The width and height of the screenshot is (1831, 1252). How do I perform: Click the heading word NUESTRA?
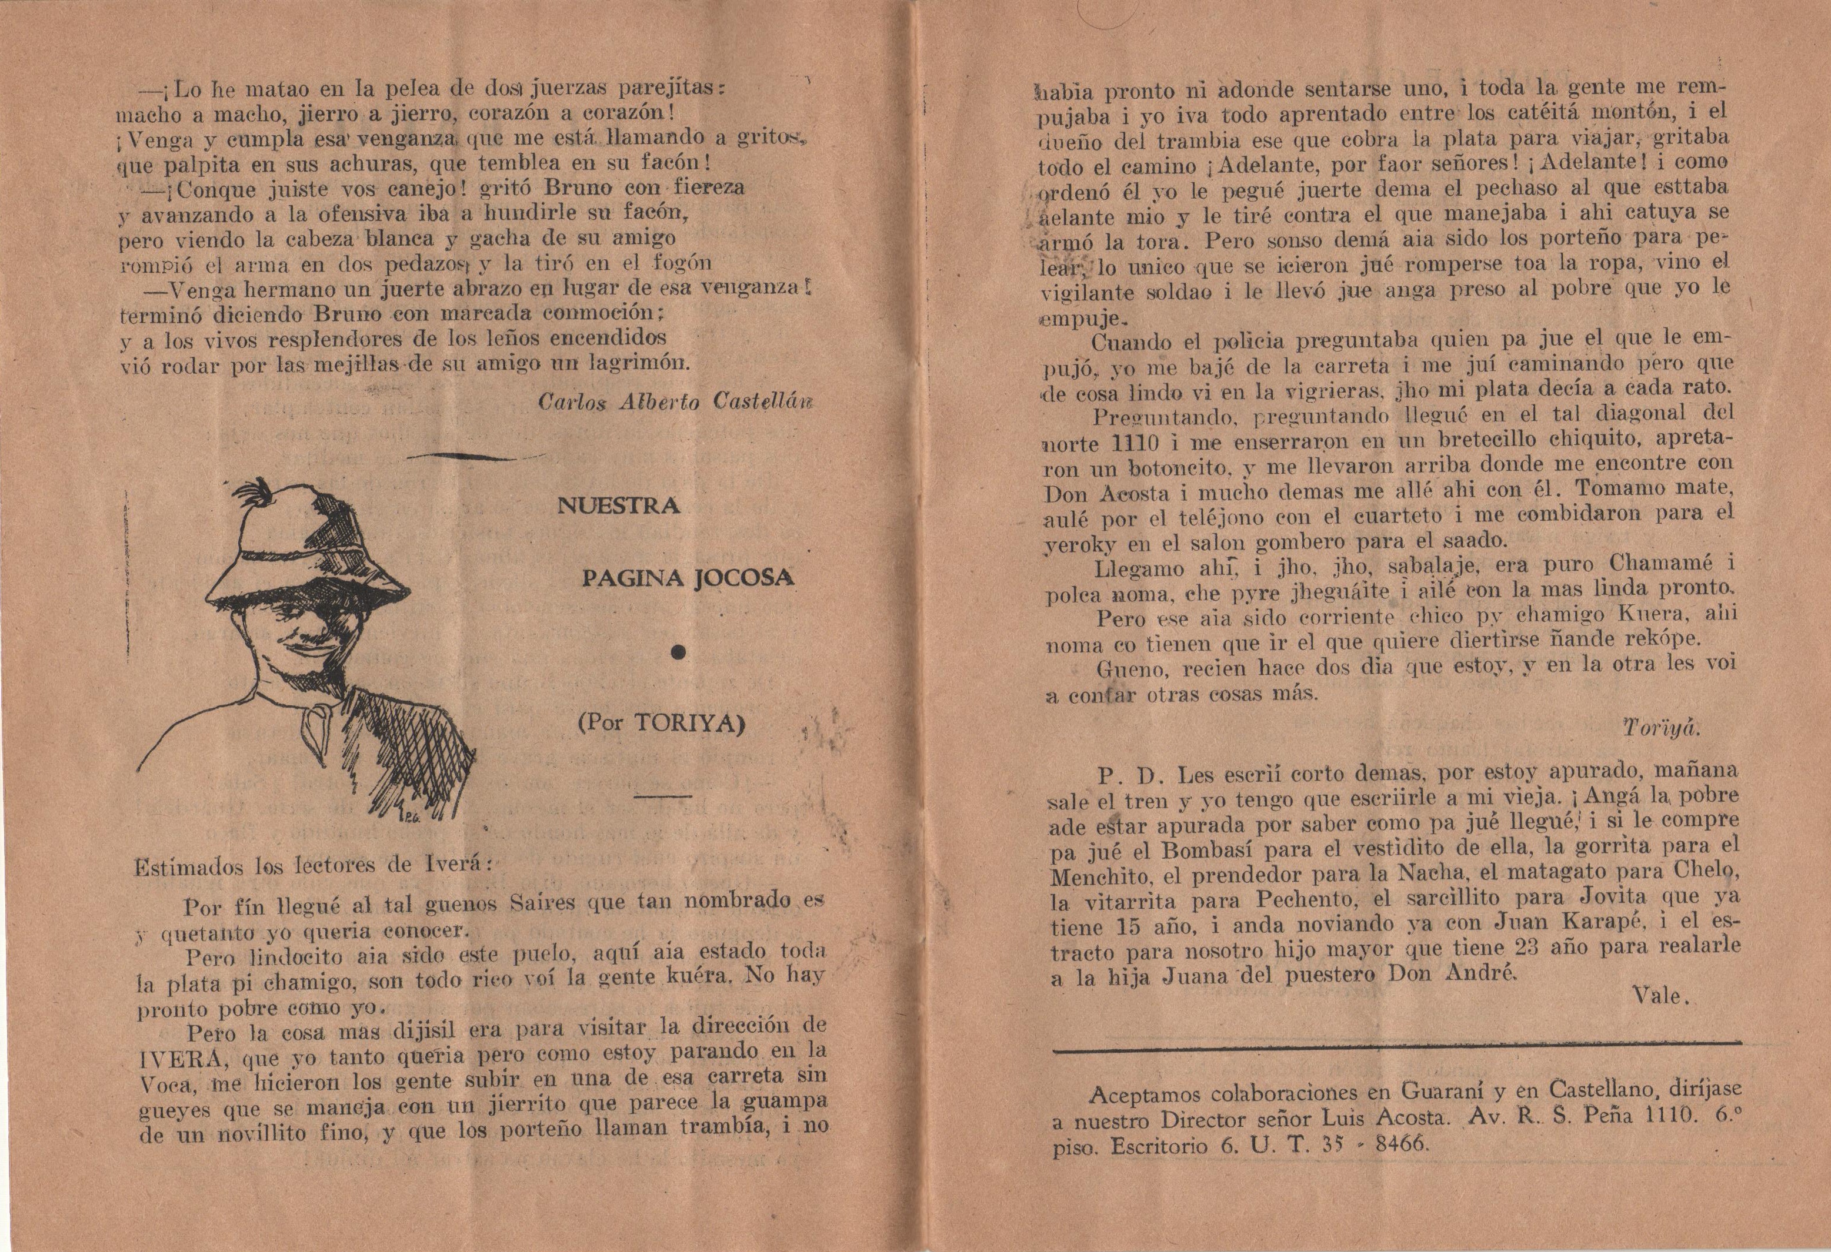pyautogui.click(x=619, y=506)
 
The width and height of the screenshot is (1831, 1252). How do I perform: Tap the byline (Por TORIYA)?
pyautogui.click(x=661, y=724)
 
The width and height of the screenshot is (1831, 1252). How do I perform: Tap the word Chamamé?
pyautogui.click(x=1662, y=564)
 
